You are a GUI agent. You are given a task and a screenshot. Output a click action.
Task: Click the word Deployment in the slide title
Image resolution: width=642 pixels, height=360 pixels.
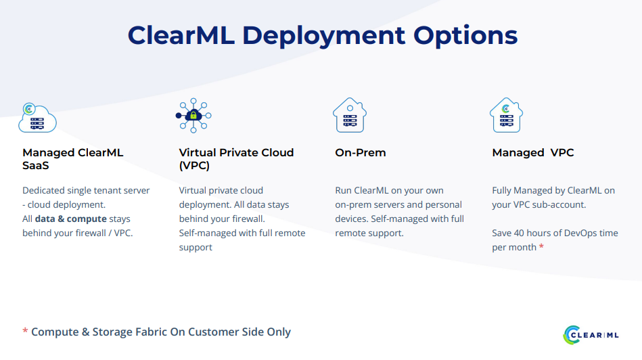(x=323, y=37)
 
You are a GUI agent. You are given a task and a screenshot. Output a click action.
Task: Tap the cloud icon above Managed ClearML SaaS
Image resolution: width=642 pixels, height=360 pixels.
(x=37, y=118)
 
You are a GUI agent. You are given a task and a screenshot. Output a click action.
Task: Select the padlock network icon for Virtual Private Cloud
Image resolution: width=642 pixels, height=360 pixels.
(x=193, y=116)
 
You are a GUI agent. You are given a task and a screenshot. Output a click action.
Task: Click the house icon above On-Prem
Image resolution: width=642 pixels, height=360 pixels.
(x=350, y=115)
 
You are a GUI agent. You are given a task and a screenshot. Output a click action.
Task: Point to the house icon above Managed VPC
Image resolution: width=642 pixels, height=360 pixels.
(x=507, y=115)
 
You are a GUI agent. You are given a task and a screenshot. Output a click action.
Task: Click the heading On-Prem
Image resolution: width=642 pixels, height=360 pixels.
(x=361, y=153)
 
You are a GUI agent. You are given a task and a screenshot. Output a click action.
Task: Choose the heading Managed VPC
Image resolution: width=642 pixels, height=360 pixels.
(x=533, y=153)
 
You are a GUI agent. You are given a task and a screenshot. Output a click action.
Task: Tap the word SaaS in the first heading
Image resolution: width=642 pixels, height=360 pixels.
(x=36, y=166)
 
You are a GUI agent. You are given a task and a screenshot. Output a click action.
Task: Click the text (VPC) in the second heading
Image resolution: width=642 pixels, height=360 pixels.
(x=194, y=166)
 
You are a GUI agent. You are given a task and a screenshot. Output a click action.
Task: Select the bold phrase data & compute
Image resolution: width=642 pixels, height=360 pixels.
(x=71, y=219)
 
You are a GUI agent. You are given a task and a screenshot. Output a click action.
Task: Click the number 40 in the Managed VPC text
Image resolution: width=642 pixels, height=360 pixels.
(x=519, y=233)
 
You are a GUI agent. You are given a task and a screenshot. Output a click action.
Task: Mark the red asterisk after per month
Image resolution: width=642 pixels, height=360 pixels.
(x=541, y=246)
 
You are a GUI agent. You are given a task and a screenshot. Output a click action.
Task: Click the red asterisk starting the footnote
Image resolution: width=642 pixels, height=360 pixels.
(x=25, y=330)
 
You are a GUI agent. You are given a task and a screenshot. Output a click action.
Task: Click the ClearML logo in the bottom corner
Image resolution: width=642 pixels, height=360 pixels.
(x=591, y=335)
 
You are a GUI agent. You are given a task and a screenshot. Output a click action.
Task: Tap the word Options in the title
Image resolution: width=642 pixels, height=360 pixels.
(x=465, y=37)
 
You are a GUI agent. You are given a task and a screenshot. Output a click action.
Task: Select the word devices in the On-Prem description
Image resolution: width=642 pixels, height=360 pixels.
(x=351, y=219)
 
